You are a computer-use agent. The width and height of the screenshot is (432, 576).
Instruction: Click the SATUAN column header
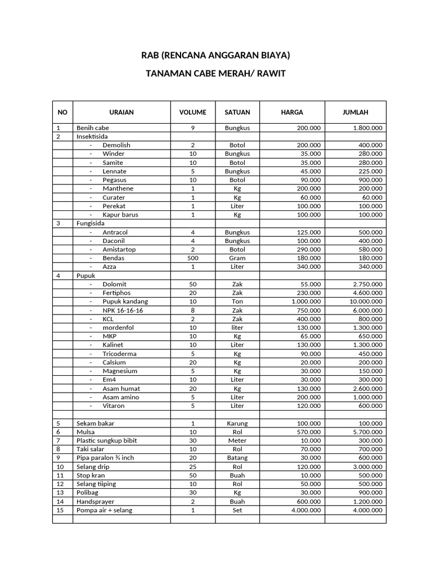tap(237, 112)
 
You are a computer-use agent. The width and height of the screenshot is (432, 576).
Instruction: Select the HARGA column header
tap(292, 112)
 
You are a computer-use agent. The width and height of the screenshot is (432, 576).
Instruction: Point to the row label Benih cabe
tap(93, 128)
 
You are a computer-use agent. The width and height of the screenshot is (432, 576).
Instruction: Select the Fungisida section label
tap(91, 223)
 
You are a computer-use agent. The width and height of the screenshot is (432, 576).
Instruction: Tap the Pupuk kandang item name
tap(125, 301)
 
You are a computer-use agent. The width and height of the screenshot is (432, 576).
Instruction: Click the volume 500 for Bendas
tap(193, 258)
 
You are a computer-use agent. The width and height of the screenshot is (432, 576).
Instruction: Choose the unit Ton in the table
tap(237, 301)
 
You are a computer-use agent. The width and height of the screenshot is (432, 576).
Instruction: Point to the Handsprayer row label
tap(96, 501)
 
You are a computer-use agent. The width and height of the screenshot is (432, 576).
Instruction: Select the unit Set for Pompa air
tap(237, 510)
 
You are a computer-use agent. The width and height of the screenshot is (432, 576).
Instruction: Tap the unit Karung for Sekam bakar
tap(237, 423)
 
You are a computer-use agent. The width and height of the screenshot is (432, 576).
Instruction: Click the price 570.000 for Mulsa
tap(309, 432)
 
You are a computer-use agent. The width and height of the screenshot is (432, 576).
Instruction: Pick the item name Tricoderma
tap(120, 354)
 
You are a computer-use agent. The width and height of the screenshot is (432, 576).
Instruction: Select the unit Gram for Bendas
tap(237, 258)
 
